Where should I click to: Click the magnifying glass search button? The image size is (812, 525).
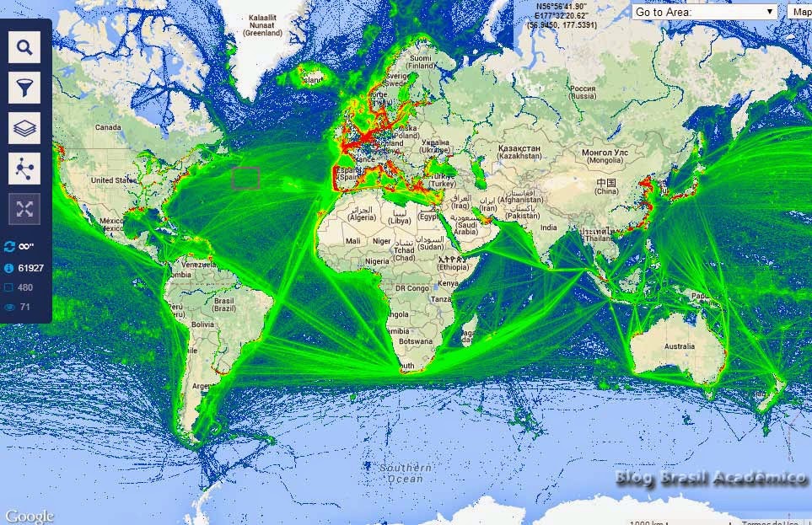point(24,47)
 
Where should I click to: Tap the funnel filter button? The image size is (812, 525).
point(24,87)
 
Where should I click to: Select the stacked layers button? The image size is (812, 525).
point(24,128)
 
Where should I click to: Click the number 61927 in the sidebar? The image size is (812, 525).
point(30,268)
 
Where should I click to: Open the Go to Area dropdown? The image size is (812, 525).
point(704,12)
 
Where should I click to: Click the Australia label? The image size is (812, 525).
point(679,347)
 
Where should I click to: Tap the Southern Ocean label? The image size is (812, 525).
point(406,473)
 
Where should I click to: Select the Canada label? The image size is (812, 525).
point(108,128)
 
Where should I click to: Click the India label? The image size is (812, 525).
point(549,228)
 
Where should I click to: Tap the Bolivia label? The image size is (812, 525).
point(202,324)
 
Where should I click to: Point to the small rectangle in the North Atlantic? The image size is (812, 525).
point(245,178)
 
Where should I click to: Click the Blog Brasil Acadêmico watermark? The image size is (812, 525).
point(710,479)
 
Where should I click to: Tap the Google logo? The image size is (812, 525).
point(29,516)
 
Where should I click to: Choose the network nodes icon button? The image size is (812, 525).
point(24,169)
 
